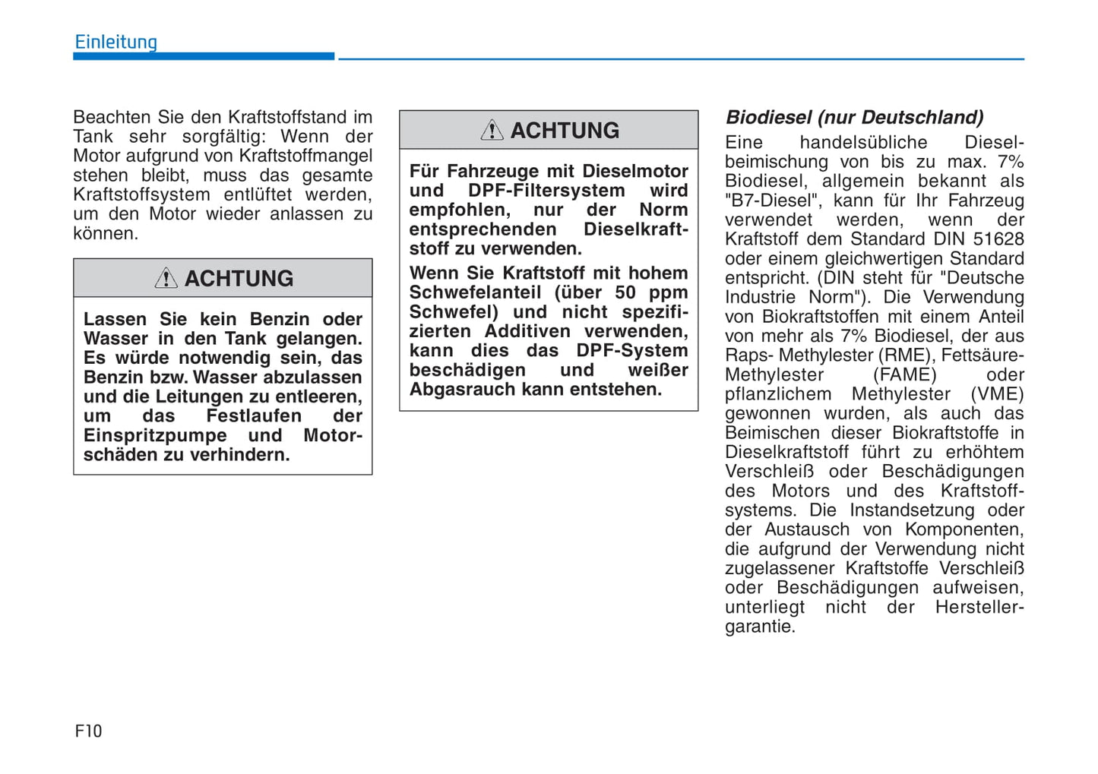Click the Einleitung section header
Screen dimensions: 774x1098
[x=115, y=43]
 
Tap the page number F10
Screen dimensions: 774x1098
[x=88, y=731]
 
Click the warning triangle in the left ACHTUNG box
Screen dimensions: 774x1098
[x=166, y=278]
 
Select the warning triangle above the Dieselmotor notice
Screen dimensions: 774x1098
[x=492, y=130]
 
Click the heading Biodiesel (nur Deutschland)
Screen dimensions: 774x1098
[x=854, y=117]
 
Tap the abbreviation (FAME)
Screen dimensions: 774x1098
[x=904, y=374]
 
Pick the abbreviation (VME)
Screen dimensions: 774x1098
[x=997, y=393]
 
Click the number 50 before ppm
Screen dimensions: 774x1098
[x=625, y=292]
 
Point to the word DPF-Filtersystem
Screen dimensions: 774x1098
[x=546, y=191]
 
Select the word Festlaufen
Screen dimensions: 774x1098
[x=254, y=416]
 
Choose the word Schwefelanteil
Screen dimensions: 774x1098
[x=475, y=292]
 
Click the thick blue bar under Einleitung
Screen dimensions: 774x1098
[x=204, y=56]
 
